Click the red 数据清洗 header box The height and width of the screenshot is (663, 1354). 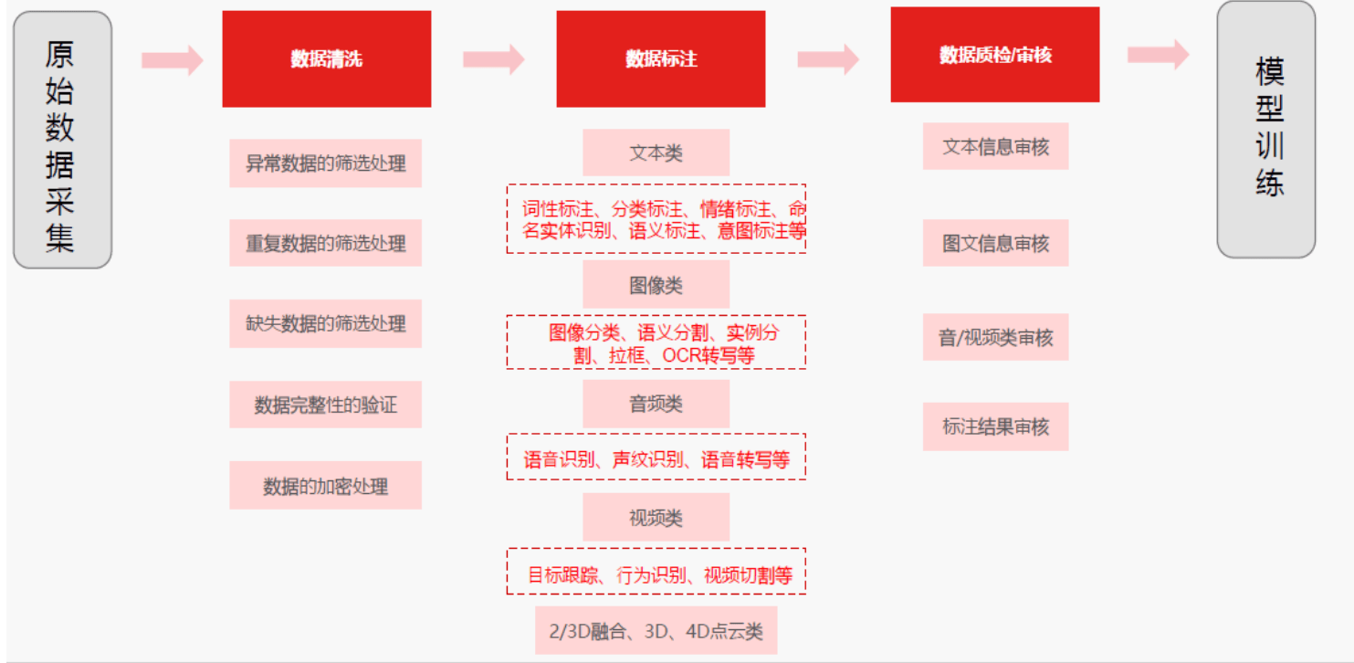point(326,59)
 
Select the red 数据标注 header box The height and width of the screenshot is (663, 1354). point(660,59)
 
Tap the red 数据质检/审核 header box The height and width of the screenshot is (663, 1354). point(994,55)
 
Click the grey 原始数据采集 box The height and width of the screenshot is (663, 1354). point(62,140)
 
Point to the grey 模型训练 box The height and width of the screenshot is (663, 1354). point(1265,129)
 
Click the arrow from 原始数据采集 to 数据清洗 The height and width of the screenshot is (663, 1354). point(172,60)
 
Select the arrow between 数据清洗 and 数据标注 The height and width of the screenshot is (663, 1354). point(493,60)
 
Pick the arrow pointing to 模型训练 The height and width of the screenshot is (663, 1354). point(1158,55)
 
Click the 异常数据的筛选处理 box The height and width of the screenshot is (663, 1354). point(325,163)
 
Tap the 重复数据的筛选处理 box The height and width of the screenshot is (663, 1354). point(325,243)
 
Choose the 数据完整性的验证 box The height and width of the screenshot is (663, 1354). point(325,405)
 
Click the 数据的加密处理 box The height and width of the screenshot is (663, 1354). point(325,486)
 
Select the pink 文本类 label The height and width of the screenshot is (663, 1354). point(656,153)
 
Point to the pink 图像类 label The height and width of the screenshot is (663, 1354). point(656,285)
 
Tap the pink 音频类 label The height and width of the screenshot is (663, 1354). point(656,404)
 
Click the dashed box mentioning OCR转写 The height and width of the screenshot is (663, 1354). point(656,342)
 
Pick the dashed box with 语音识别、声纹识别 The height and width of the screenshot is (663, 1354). point(656,458)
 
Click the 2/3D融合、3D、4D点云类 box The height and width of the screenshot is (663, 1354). point(656,630)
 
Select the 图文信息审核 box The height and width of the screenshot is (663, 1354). point(995,243)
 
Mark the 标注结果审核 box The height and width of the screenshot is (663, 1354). point(995,426)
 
